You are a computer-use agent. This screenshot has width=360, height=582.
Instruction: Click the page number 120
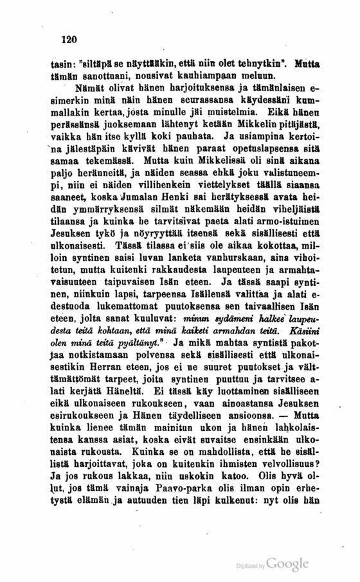click(67, 39)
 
